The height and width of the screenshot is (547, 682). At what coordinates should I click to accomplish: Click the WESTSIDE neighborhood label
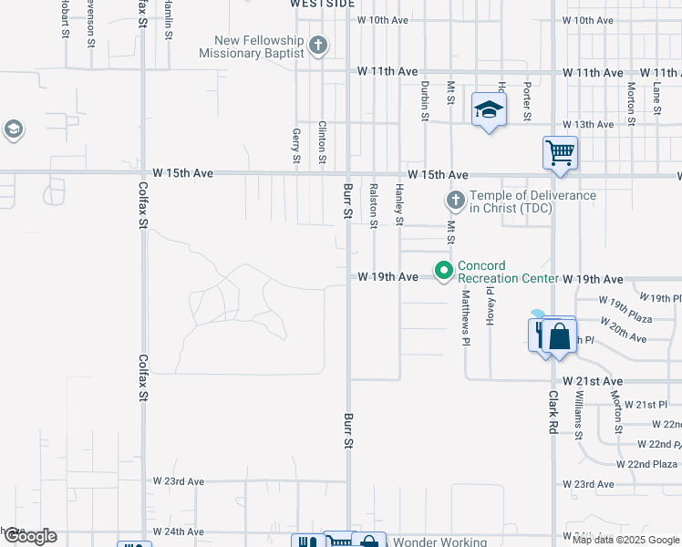[x=322, y=4]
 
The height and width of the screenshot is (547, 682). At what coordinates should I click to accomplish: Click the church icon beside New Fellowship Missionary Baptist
[x=317, y=45]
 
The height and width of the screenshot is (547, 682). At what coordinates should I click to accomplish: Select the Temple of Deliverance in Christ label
[x=532, y=201]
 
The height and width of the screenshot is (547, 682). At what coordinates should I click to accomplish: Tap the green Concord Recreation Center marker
[x=444, y=271]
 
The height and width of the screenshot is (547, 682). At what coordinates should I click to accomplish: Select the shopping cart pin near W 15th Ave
[x=559, y=152]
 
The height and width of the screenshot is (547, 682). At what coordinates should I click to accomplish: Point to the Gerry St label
[x=296, y=146]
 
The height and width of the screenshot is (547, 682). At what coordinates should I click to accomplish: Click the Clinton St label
[x=322, y=142]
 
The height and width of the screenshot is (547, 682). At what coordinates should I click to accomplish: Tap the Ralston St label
[x=374, y=205]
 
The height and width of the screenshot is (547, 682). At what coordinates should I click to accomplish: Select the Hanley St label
[x=399, y=204]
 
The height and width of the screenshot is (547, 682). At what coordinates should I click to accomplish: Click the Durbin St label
[x=425, y=100]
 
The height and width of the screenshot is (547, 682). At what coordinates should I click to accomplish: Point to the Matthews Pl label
[x=466, y=318]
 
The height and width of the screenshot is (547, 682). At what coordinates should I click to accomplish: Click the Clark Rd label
[x=553, y=412]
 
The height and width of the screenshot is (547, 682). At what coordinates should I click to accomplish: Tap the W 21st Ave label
[x=592, y=380]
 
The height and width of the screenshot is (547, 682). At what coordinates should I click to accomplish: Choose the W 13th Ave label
[x=588, y=124]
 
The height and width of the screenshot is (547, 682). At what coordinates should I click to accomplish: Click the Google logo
[x=29, y=536]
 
